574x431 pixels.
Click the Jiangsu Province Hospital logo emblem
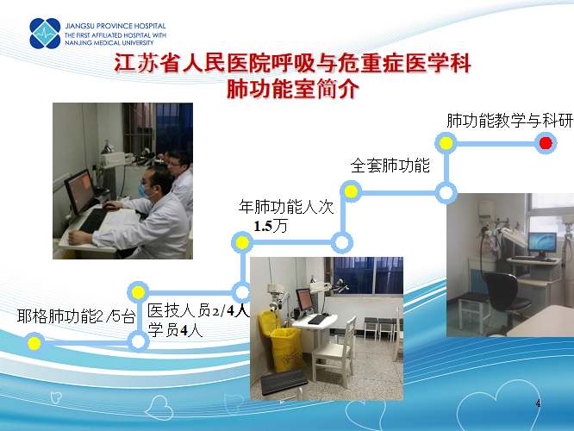45,34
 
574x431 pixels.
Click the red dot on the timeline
546,143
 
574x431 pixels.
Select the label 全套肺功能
390,166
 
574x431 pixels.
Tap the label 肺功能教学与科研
509,121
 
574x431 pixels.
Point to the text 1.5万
271,226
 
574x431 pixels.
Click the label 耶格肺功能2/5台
76,316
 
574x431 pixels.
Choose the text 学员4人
175,330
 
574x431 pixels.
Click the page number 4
538,403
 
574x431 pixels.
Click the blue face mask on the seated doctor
144,191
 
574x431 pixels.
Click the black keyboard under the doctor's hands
93,220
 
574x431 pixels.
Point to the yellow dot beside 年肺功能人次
242,242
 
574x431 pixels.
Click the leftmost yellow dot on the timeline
34,343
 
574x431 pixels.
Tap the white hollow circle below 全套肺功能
446,192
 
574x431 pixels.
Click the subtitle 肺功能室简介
292,89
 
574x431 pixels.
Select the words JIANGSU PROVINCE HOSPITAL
115,26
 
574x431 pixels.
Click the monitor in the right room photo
542,244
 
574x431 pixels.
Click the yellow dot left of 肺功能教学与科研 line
446,143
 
